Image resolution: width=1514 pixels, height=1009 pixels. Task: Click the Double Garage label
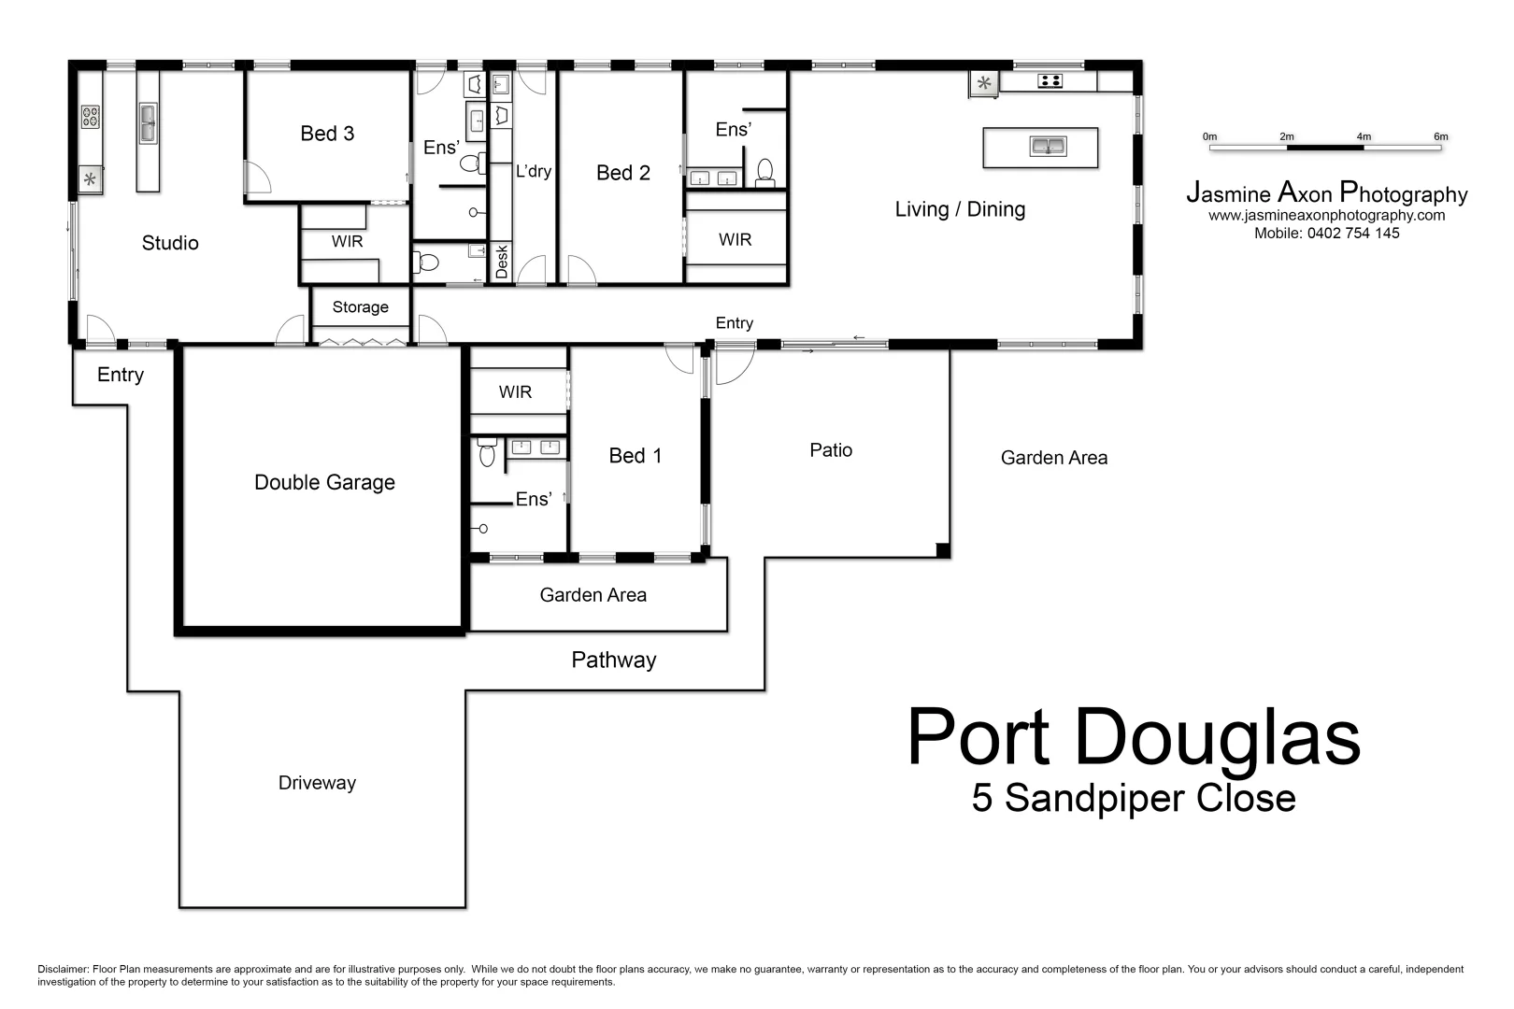coord(324,483)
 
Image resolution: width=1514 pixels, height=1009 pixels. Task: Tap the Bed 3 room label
coord(327,134)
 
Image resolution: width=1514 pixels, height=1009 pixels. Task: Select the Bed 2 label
coord(622,173)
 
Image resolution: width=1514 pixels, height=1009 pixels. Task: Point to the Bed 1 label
coord(635,456)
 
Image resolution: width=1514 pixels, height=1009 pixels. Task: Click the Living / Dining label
coord(960,209)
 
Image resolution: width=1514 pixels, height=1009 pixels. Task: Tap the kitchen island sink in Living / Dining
coord(1048,147)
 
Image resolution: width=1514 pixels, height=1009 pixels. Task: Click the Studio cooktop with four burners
coord(91,117)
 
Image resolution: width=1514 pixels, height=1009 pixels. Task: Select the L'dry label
coord(534,172)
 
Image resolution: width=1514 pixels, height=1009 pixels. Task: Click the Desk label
coord(502,262)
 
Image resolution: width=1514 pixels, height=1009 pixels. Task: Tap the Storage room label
coord(360,307)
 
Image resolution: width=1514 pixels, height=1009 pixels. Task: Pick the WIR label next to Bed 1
coord(515,392)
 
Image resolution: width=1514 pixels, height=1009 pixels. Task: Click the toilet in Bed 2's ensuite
coord(765,171)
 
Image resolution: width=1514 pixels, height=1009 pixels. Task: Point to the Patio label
coord(831,450)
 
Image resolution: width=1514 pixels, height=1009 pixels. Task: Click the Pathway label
coord(614,661)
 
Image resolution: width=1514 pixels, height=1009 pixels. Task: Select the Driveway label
coord(317,783)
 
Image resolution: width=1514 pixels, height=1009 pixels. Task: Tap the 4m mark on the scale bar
coord(1364,137)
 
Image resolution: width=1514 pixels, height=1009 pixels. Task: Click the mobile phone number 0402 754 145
coord(1352,234)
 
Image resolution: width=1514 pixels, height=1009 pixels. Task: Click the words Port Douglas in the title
coord(1133,738)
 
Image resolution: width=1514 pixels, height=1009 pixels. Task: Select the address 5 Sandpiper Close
coord(1133,799)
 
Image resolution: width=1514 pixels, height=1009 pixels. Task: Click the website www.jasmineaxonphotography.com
coord(1326,216)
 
